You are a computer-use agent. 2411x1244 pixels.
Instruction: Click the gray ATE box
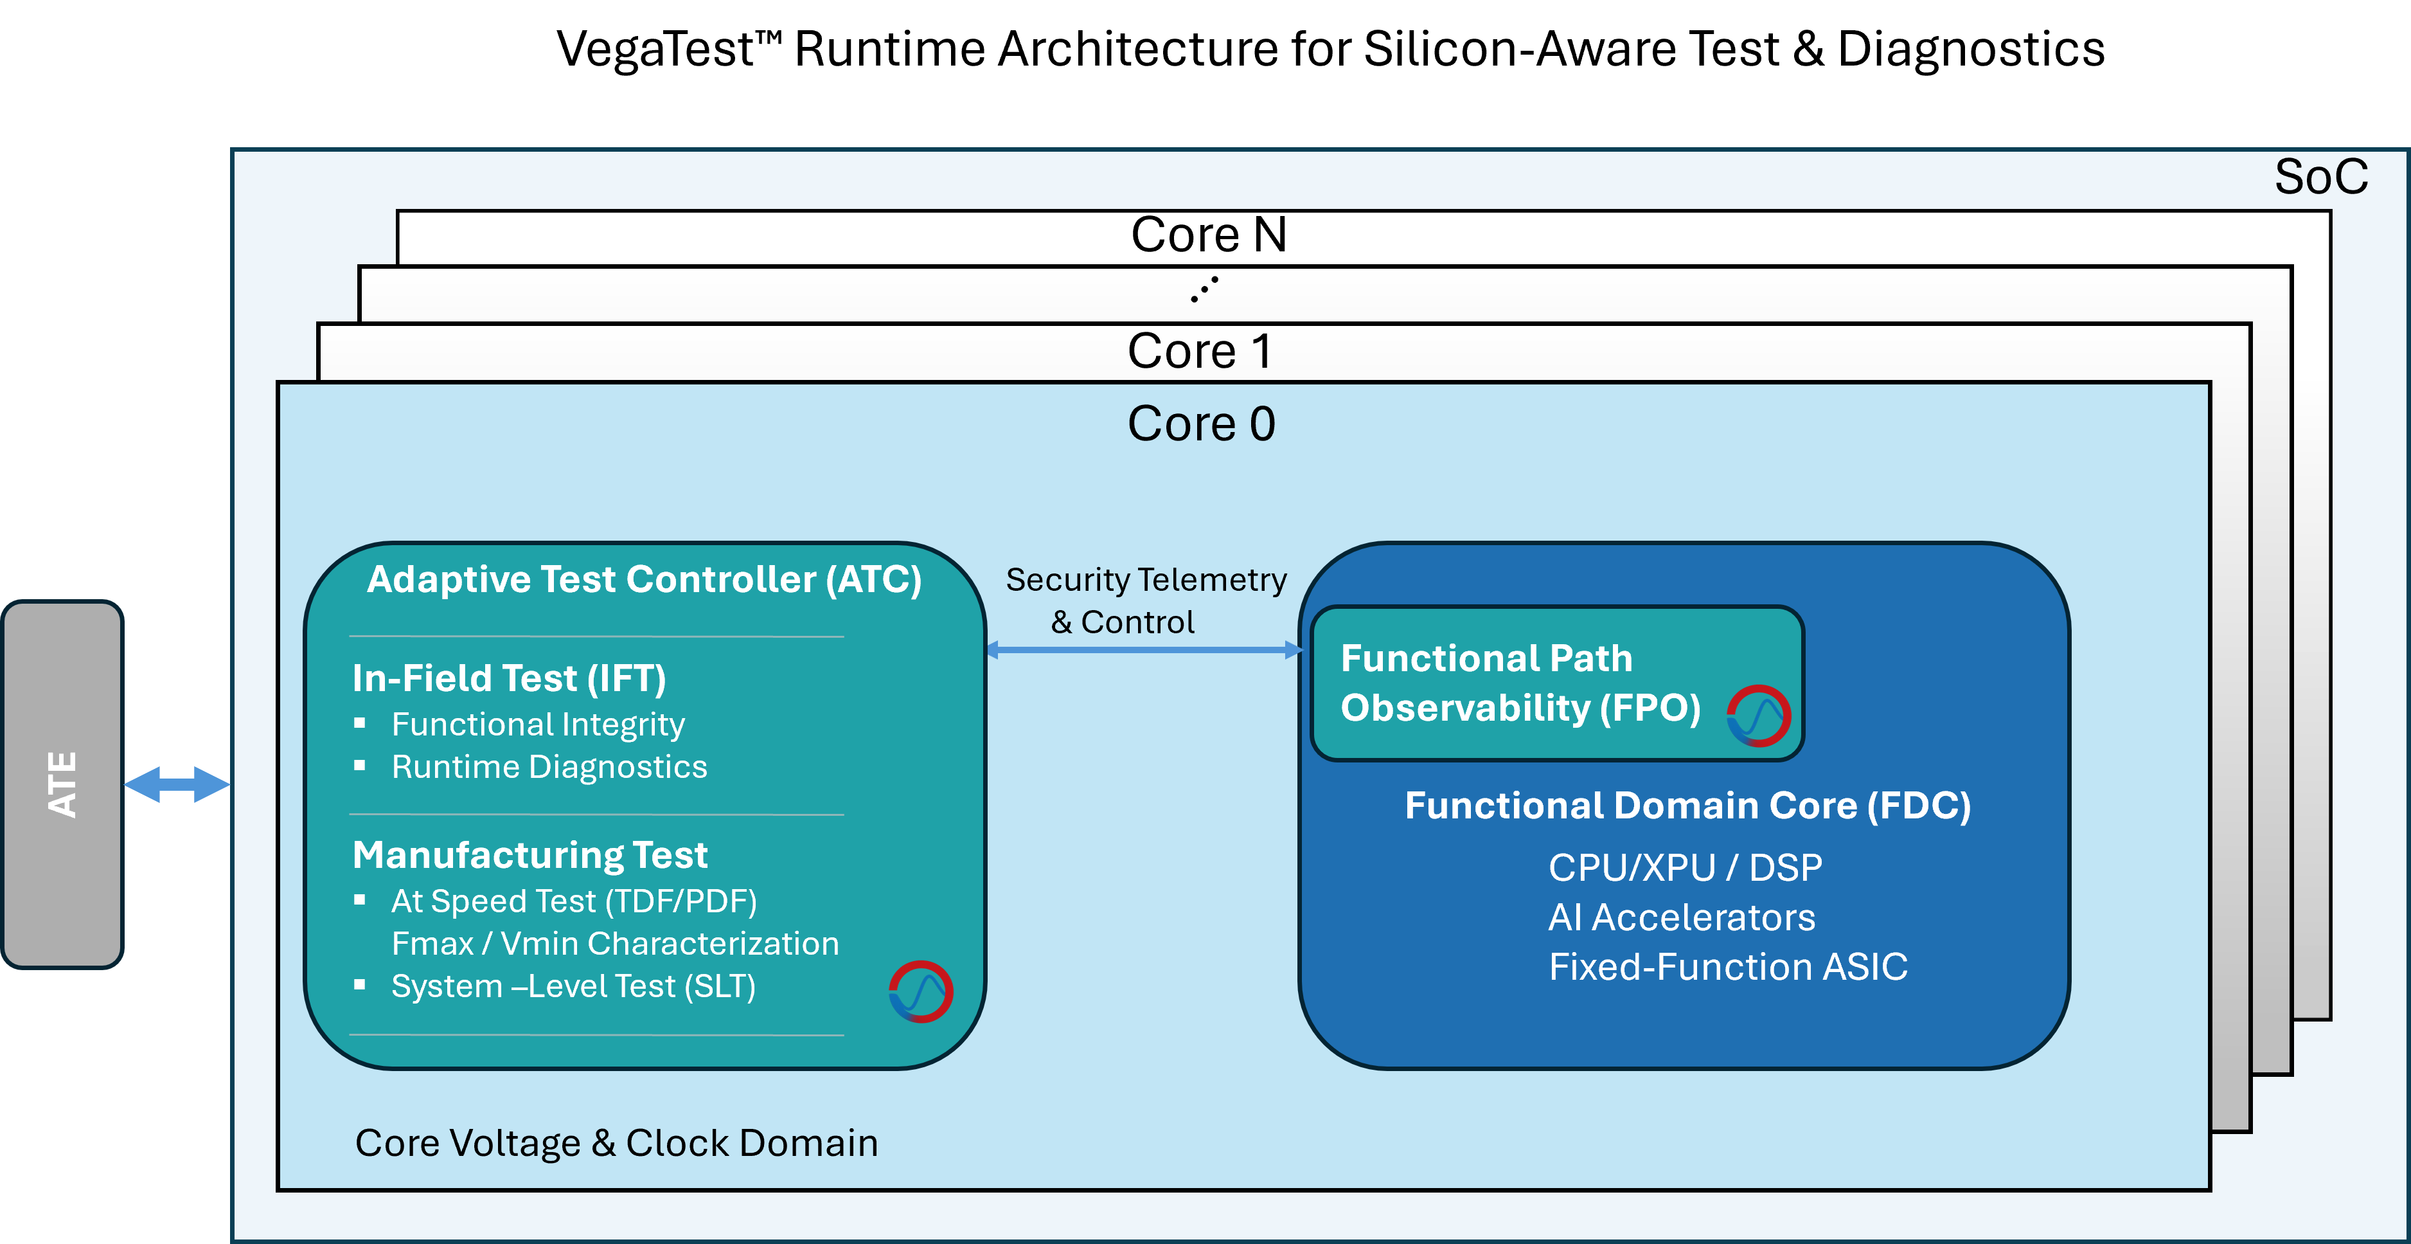[x=63, y=784]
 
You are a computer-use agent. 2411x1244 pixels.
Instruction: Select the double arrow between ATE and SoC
[x=177, y=784]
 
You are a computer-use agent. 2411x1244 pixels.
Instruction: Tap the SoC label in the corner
[x=2320, y=177]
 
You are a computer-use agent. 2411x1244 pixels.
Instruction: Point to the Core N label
[x=1208, y=235]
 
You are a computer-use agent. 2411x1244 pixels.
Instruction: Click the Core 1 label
[x=1200, y=352]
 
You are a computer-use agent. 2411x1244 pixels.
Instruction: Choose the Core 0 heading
[x=1201, y=424]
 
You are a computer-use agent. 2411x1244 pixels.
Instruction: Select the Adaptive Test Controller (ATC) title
[x=644, y=579]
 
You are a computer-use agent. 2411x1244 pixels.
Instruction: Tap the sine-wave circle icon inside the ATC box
[x=921, y=991]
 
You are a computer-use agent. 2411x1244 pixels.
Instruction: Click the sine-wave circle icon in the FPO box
[x=1759, y=716]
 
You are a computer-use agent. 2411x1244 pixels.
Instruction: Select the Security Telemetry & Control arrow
[x=1144, y=649]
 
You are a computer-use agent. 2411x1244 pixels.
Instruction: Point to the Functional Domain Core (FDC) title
[x=1687, y=806]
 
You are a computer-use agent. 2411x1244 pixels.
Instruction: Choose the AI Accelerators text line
[x=1681, y=918]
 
